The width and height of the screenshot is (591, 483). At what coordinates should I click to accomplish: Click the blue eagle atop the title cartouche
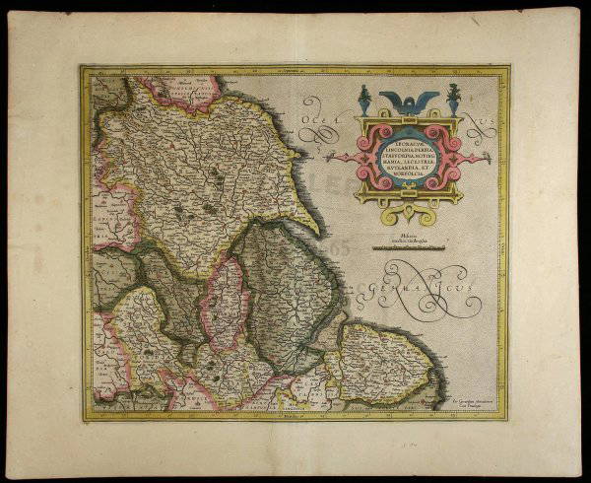[x=406, y=100]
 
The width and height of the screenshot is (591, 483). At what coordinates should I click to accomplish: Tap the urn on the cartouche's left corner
[x=362, y=99]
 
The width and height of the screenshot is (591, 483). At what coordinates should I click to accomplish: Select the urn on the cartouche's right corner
[x=453, y=99]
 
